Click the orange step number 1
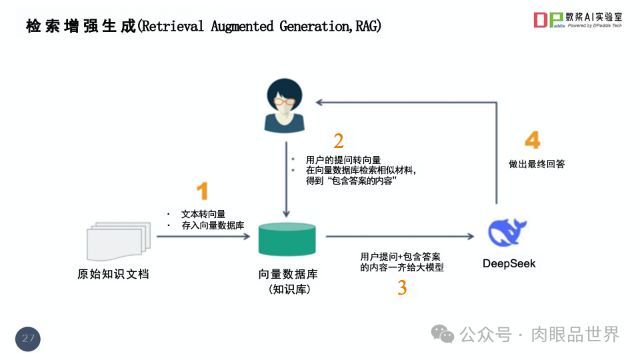coord(202,191)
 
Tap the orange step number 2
coord(339,141)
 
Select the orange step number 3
coord(402,288)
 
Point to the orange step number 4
coord(532,140)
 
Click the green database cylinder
coord(287,239)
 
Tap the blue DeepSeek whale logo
coord(508,233)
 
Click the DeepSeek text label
coord(509,264)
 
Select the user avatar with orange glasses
coord(285,105)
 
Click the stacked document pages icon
coord(115,241)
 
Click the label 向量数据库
coord(288,275)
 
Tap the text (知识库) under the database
coord(288,289)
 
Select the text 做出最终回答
coord(532,164)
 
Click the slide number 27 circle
coord(28,339)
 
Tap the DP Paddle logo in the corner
coord(548,20)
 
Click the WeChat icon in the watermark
coord(443,333)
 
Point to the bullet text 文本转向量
coord(203,214)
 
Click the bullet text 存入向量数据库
coord(212,225)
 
